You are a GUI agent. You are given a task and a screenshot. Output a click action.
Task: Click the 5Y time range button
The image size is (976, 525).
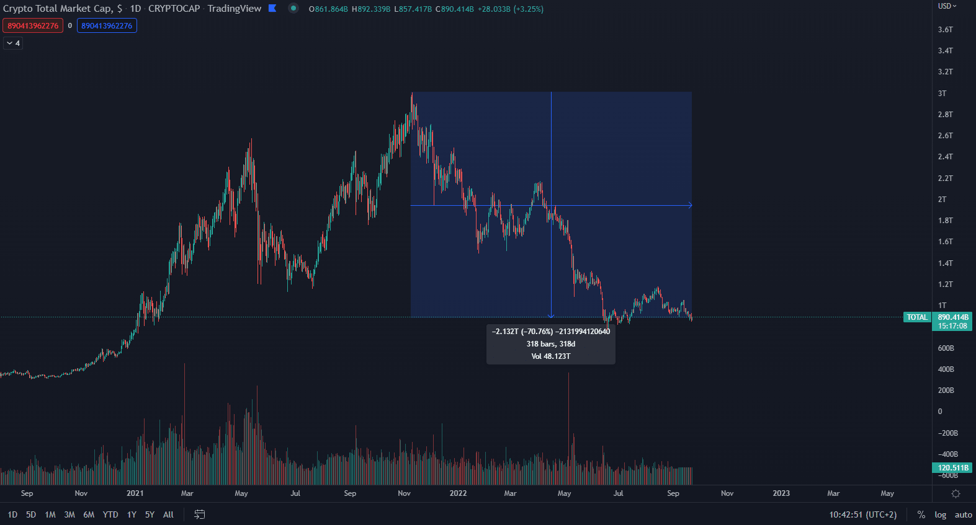150,514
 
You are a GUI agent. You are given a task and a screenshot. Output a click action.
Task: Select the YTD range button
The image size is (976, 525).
110,514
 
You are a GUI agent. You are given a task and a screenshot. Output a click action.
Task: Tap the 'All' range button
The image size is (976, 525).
168,514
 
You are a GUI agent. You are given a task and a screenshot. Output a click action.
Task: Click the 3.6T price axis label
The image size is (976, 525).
945,30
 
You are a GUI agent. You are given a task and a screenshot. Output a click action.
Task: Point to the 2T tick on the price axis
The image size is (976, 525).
942,200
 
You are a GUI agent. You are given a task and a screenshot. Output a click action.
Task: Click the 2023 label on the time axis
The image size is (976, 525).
781,493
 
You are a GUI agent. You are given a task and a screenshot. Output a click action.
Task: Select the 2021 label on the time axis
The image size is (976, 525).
135,493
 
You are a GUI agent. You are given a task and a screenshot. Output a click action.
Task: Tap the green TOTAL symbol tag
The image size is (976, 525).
916,317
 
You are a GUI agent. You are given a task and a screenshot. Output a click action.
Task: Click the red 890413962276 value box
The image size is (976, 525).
33,26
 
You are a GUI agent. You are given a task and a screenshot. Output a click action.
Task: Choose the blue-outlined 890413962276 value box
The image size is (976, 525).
107,26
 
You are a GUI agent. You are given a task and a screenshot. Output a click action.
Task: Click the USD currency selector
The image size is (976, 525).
947,6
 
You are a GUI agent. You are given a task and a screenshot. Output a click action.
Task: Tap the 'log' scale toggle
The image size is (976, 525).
941,514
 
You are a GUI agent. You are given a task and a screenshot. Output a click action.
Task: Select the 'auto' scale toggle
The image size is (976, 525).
963,514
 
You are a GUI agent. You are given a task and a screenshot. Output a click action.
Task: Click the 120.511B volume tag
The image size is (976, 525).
952,468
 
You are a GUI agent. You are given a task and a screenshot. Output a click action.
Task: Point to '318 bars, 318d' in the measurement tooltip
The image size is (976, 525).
551,344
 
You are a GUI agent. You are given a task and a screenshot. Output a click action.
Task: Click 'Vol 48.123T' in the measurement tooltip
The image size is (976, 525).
551,356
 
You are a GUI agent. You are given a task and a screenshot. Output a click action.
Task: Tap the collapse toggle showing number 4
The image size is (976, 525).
13,43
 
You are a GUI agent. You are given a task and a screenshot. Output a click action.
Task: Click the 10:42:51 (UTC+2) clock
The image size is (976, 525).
862,514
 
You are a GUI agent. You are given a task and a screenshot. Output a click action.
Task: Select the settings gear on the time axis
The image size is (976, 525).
956,494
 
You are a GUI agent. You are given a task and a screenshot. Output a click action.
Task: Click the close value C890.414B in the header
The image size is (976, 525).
455,9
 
